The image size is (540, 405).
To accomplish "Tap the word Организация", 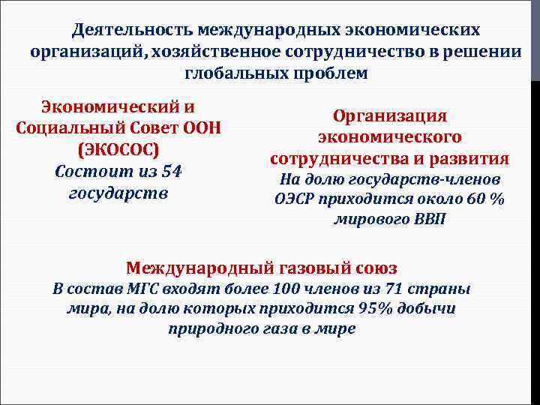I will tap(390, 116).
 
